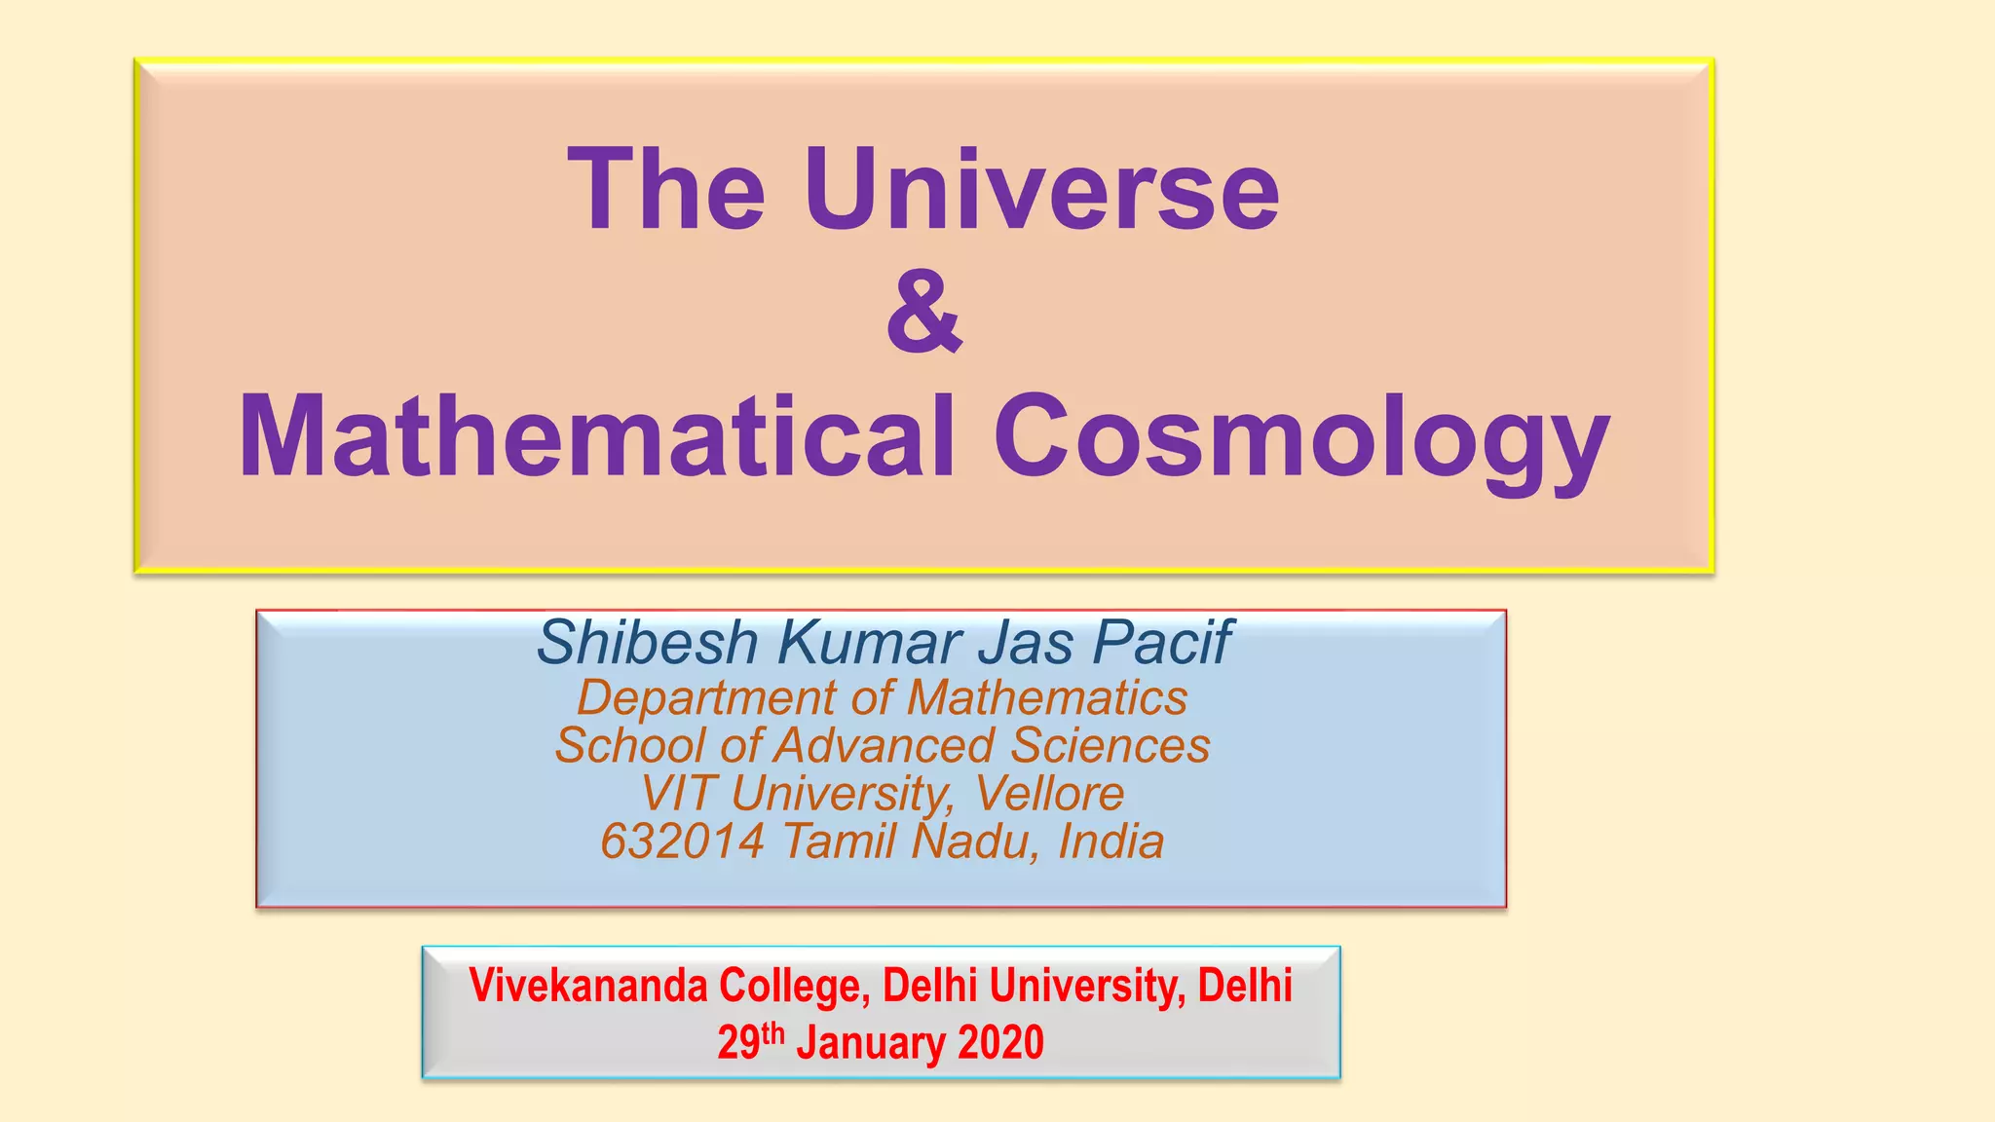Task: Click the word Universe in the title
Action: coord(1041,189)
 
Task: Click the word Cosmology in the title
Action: coord(1301,438)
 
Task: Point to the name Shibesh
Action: coord(647,643)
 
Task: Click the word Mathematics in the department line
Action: coord(1047,697)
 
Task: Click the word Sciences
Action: coord(1110,746)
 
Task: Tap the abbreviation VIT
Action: coord(678,793)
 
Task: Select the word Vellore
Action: coord(1050,793)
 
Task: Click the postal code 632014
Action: coord(682,841)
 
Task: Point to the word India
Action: coord(1110,841)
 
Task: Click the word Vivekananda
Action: coord(588,986)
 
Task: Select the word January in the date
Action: coord(871,1042)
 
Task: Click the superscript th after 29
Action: coord(772,1032)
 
